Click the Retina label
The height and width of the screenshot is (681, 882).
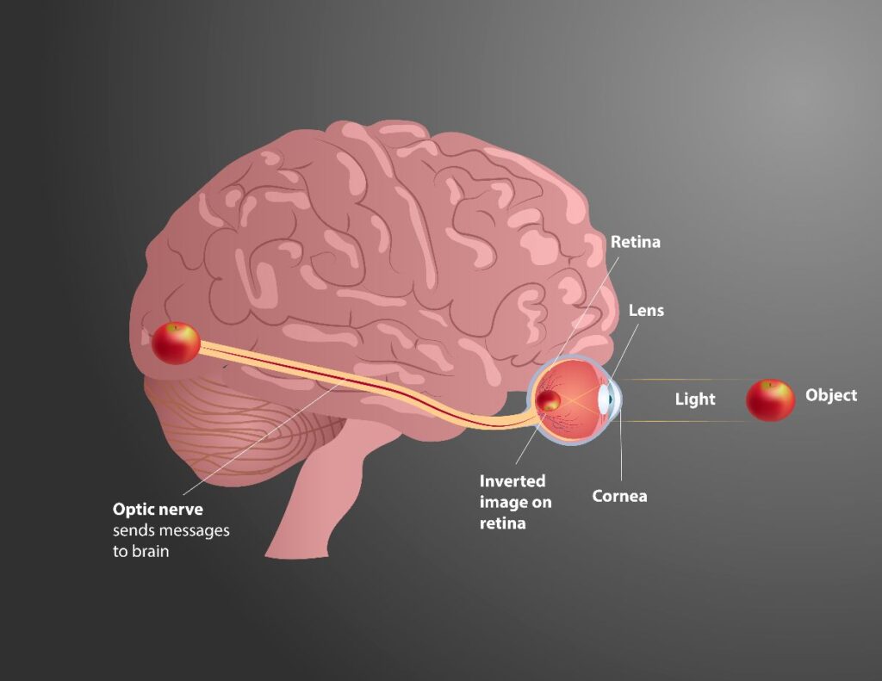(635, 242)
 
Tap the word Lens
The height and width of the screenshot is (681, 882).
(646, 310)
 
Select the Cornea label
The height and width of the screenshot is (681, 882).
(619, 496)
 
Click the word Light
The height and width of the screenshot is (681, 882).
(694, 399)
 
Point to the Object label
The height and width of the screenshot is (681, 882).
(830, 395)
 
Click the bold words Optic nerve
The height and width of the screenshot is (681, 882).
(158, 510)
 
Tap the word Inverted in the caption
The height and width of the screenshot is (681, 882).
(512, 481)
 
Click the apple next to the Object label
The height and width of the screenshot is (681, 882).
(770, 400)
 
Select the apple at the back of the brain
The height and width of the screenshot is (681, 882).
(176, 344)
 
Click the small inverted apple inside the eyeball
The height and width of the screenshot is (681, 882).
(549, 399)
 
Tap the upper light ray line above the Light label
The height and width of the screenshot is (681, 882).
(680, 379)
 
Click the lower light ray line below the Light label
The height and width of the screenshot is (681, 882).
(680, 421)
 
